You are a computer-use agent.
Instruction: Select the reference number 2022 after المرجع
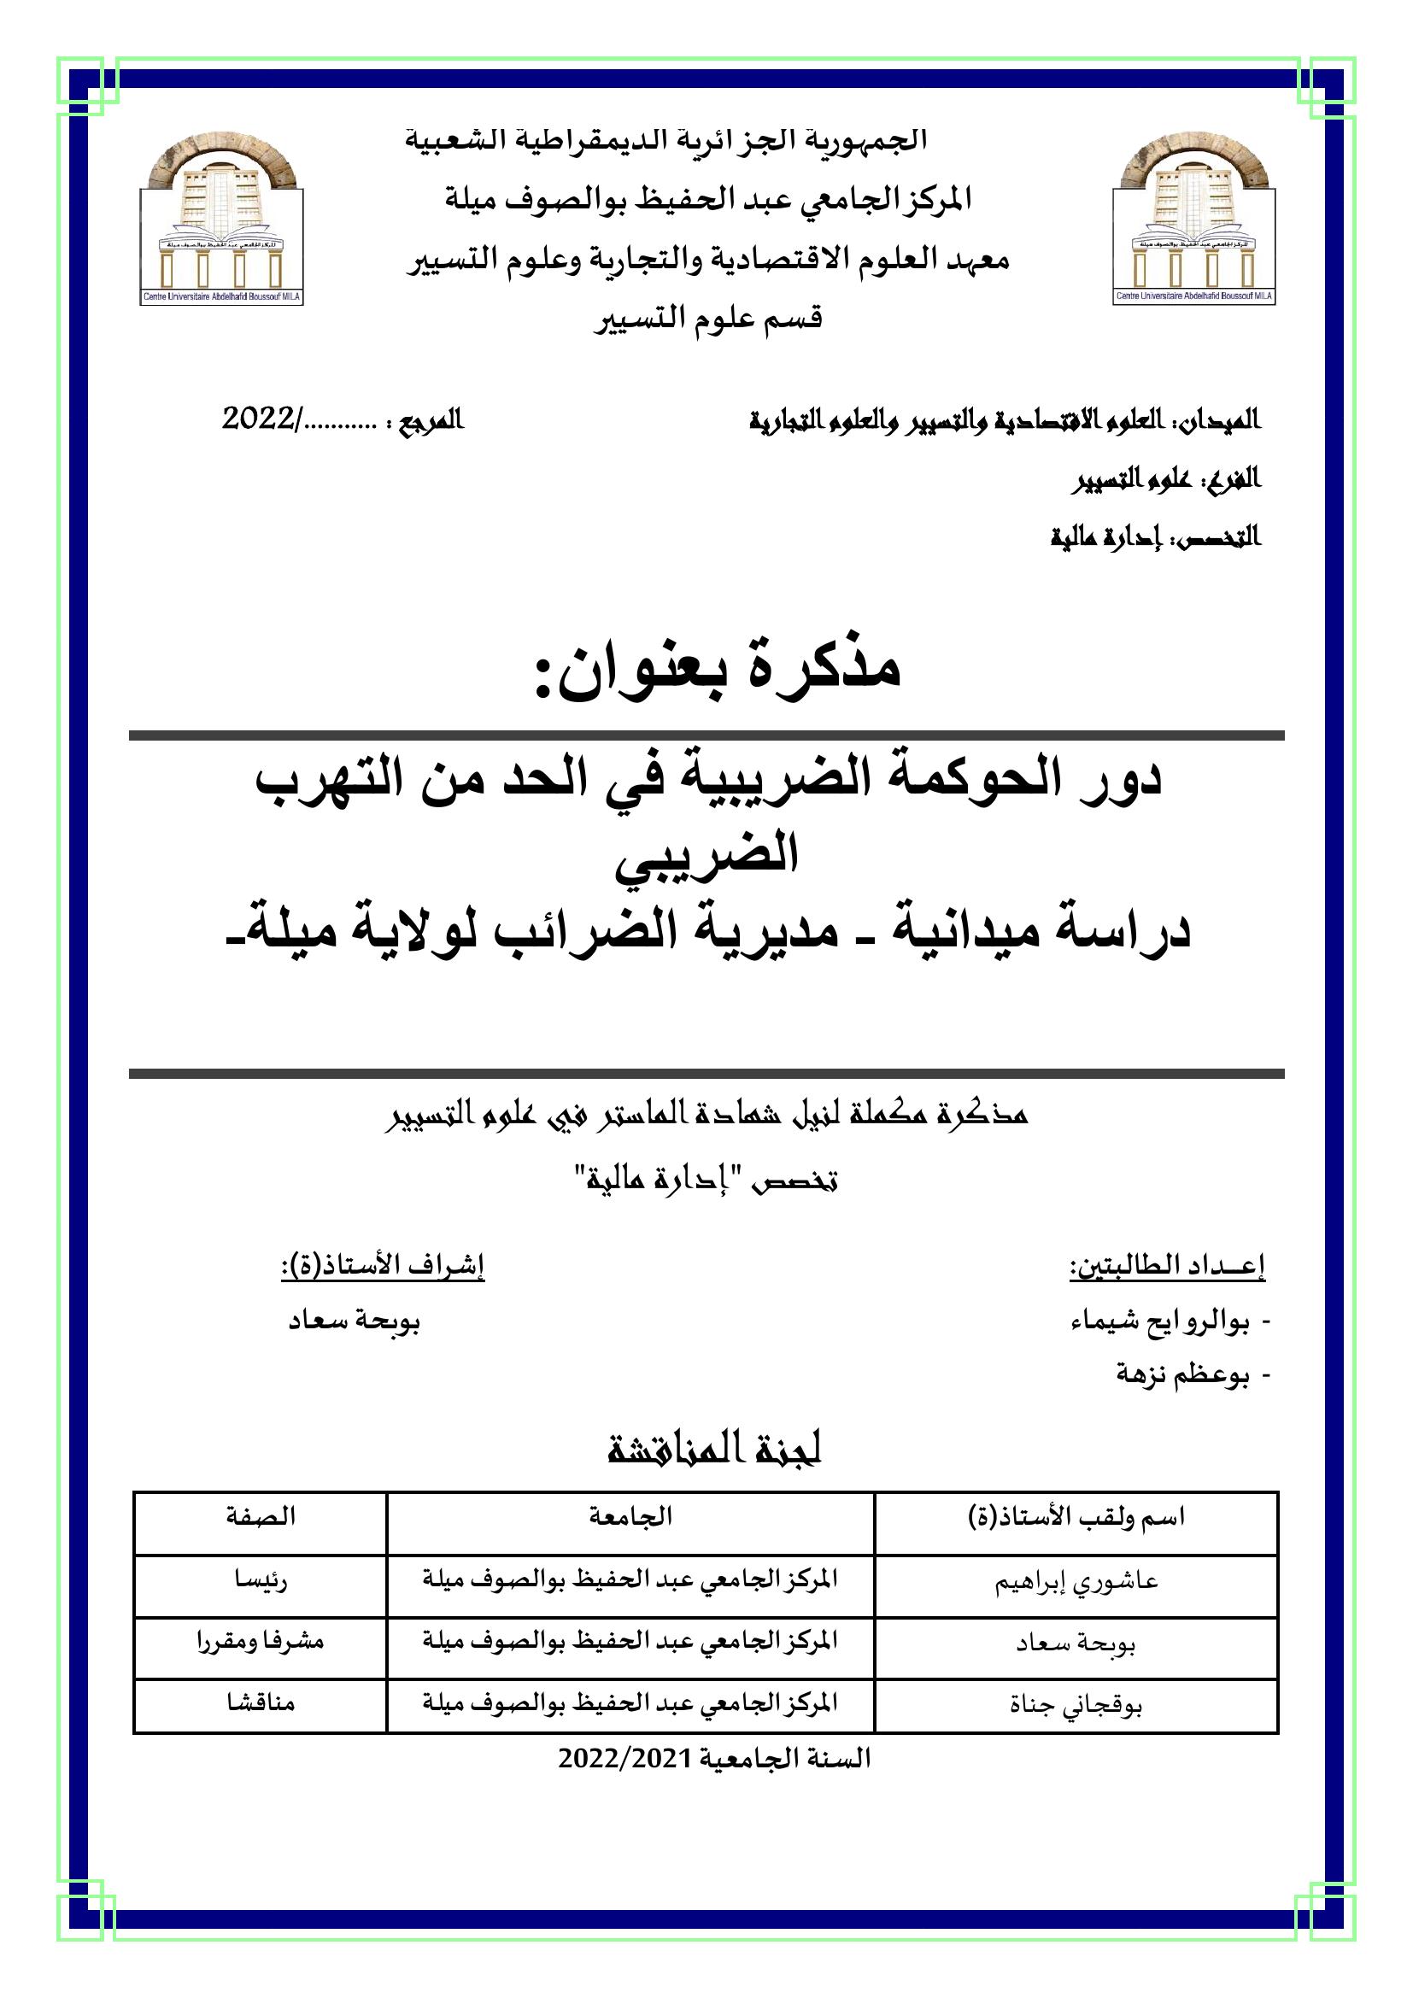[261, 419]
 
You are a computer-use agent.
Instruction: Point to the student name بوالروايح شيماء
[1161, 1321]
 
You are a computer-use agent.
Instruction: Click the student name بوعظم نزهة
[1183, 1374]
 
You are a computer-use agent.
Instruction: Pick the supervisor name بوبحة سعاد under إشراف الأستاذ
[355, 1321]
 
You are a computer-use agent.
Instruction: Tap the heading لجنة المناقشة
[714, 1450]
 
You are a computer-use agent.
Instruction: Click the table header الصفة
[261, 1517]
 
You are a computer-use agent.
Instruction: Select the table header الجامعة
[630, 1517]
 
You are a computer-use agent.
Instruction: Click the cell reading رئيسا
[261, 1579]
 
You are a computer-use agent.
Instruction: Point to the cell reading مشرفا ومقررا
[261, 1641]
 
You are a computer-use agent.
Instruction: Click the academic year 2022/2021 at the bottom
[714, 1759]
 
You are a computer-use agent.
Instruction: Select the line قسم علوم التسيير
[708, 319]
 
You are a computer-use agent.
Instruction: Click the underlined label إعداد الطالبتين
[1168, 1267]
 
